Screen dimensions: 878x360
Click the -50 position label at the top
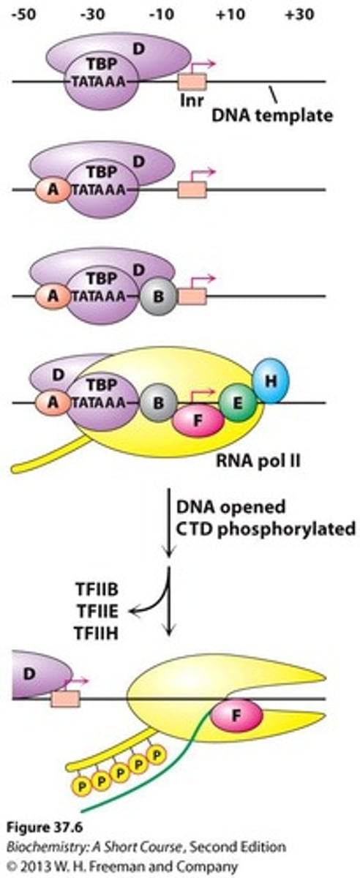tap(22, 14)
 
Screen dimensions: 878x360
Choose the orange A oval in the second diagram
tap(50, 192)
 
